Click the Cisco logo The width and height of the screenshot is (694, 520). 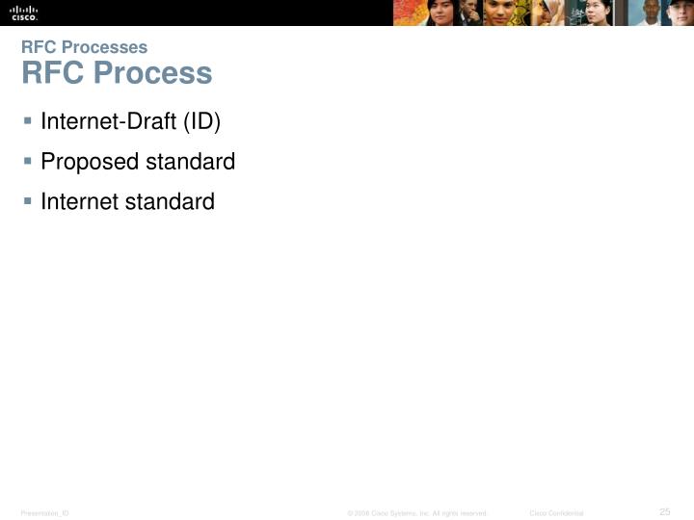coord(24,13)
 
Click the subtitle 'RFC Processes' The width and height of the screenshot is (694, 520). coord(84,47)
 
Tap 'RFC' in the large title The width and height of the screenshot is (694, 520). coord(47,73)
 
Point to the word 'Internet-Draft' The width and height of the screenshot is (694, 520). coord(103,122)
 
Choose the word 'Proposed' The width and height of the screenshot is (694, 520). coord(90,162)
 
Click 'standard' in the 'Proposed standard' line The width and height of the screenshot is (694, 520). coord(191,162)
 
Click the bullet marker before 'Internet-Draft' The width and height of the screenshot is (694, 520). coord(28,121)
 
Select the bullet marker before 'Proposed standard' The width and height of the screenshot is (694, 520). coord(28,161)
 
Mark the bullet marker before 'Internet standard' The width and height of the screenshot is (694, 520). coord(28,200)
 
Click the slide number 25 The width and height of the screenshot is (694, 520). coord(664,510)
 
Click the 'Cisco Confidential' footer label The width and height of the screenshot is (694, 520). coord(556,513)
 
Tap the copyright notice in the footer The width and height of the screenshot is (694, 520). coord(417,513)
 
